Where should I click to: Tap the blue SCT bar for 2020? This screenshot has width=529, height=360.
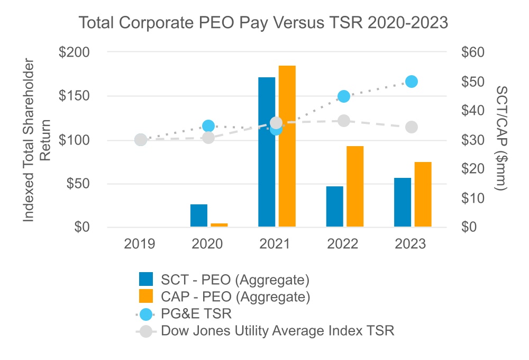coord(199,216)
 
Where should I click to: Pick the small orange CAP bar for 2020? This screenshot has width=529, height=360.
coord(219,225)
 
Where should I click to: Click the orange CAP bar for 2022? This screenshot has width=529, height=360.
coord(355,187)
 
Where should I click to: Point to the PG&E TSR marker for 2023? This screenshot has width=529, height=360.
coord(412,82)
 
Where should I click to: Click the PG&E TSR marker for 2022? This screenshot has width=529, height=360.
coord(344,96)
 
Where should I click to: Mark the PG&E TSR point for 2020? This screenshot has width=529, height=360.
coord(208,126)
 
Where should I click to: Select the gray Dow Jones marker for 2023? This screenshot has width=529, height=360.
coord(412,127)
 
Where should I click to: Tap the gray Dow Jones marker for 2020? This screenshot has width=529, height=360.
coord(208,138)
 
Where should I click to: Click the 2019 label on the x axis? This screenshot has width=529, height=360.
coord(140,244)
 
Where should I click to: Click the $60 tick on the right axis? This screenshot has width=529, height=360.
coord(472,52)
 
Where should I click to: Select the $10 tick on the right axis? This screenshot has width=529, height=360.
coord(472,198)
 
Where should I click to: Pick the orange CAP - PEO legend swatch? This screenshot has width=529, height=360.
coord(145,295)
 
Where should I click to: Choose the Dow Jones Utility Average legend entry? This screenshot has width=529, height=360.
coord(278,331)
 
